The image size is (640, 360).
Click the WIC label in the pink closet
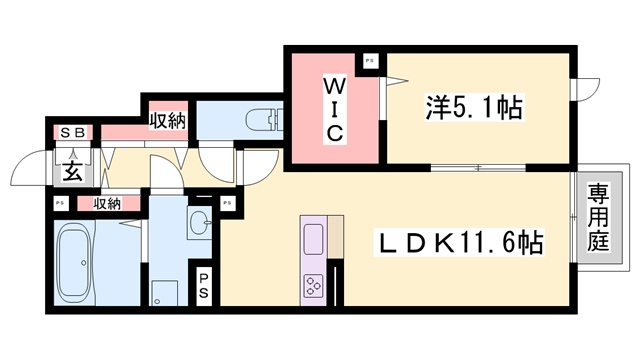tap(333, 108)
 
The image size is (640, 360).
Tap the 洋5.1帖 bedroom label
tap(476, 107)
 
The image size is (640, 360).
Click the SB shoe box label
tap(74, 132)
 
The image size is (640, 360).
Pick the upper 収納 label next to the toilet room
tap(168, 121)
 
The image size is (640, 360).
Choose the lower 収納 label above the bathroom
tap(108, 204)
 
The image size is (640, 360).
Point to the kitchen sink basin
tap(313, 240)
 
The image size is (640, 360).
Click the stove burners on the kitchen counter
tap(313, 285)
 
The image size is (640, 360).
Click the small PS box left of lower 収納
tap(60, 204)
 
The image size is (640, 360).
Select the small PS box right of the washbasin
tap(229, 204)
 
